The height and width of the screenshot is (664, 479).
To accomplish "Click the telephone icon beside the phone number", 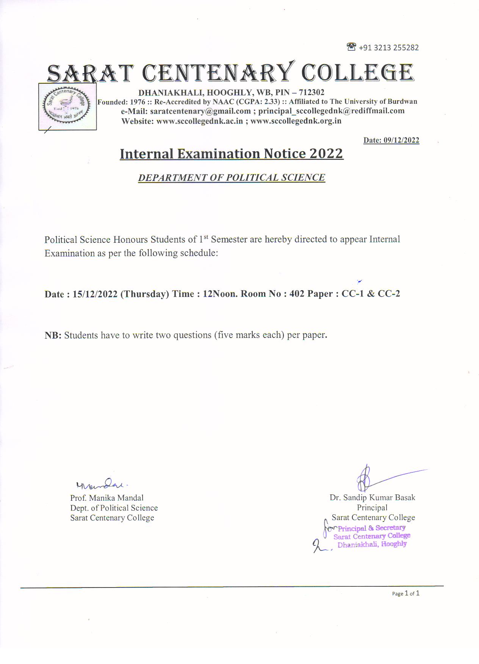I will pyautogui.click(x=351, y=47).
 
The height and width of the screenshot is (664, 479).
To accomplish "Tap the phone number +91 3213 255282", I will pyautogui.click(x=388, y=48).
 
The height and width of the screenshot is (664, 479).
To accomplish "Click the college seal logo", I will pyautogui.click(x=67, y=106).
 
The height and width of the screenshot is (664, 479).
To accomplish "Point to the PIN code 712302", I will pyautogui.click(x=312, y=92).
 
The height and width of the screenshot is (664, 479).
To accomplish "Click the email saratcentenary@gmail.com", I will pyautogui.click(x=200, y=111).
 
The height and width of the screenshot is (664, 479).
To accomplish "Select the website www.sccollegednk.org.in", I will pyautogui.click(x=296, y=121).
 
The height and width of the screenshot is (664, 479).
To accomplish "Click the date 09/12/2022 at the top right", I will pyautogui.click(x=401, y=140).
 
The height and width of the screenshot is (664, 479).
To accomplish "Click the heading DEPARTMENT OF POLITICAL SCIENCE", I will pyautogui.click(x=232, y=178).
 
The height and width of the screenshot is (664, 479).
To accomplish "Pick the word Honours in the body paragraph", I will pyautogui.click(x=130, y=239).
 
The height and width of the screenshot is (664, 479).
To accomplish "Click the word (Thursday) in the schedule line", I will pyautogui.click(x=144, y=294).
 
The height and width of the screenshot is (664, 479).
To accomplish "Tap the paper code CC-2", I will pyautogui.click(x=389, y=294).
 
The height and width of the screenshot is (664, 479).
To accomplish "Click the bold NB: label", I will pyautogui.click(x=53, y=335).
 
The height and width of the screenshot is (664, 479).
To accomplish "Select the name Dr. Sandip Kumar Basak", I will pyautogui.click(x=372, y=498).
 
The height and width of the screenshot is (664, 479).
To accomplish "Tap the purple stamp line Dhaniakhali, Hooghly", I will pyautogui.click(x=372, y=544).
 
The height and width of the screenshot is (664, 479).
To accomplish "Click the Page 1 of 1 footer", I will pyautogui.click(x=405, y=594).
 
